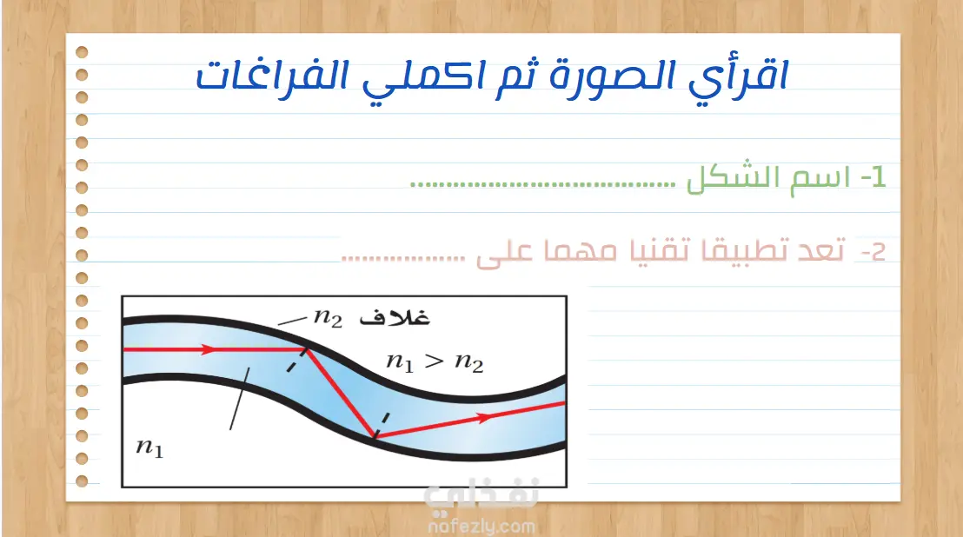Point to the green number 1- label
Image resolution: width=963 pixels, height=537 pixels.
(873, 176)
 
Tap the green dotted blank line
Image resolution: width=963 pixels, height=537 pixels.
(543, 184)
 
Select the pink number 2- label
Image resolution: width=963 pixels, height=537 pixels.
(873, 252)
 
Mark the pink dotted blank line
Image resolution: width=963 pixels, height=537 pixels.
(403, 258)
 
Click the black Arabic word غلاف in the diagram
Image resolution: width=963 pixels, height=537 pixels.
(395, 316)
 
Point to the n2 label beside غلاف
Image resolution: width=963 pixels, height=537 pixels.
(328, 318)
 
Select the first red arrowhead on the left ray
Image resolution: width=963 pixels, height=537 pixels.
(209, 350)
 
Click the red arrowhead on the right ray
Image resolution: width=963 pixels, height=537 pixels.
(485, 418)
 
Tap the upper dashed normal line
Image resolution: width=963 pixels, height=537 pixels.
(296, 360)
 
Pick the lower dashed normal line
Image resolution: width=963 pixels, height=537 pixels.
(382, 425)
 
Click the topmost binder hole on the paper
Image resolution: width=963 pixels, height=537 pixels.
(82, 52)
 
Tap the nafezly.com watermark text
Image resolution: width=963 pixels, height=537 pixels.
(481, 526)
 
